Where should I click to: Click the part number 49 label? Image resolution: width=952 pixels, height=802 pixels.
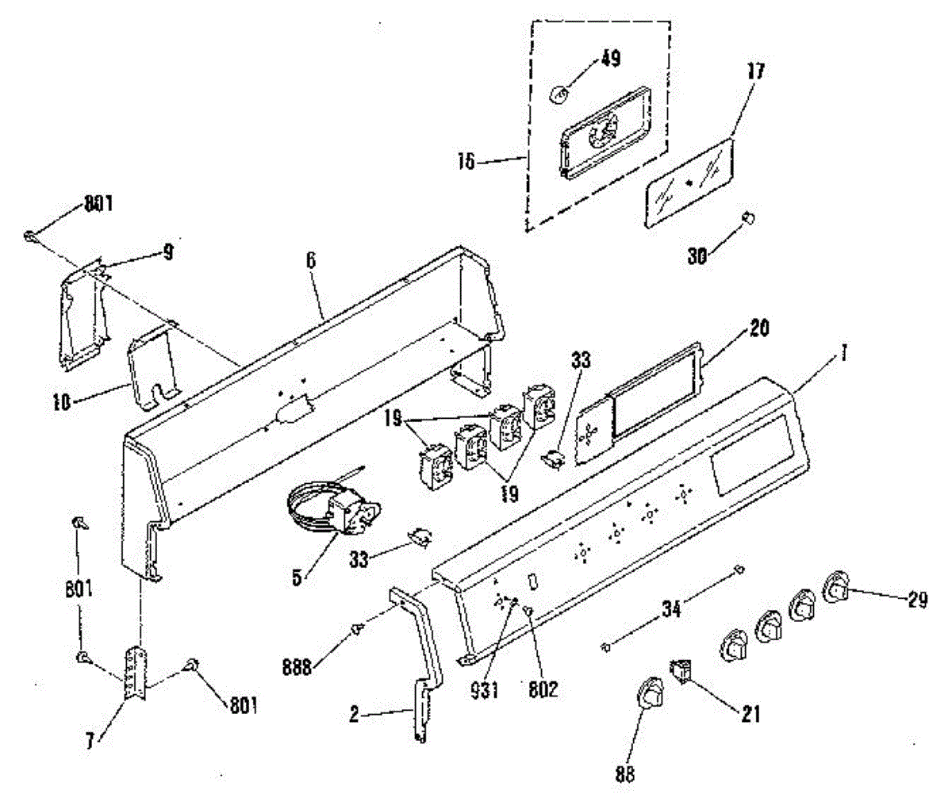611,59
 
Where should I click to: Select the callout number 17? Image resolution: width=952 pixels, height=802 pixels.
755,71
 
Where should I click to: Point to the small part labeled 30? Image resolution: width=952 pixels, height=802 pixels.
747,217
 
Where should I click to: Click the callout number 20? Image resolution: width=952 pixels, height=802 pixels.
759,328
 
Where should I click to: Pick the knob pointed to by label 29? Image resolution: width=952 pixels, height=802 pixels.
837,588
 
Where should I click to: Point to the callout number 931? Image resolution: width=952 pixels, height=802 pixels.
484,689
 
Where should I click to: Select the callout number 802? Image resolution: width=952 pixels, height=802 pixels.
543,689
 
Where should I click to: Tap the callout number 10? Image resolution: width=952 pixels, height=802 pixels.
62,401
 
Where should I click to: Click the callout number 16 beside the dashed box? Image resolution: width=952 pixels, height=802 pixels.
466,162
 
